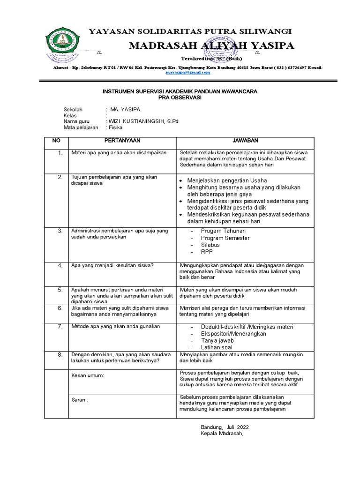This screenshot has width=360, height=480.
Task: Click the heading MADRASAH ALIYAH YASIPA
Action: coord(211,45)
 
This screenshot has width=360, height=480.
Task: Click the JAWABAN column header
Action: coord(245,141)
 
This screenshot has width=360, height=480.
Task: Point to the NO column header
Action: coord(56,141)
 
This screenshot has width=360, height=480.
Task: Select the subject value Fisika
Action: coord(115,127)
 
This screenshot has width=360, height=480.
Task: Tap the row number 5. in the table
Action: coord(60,290)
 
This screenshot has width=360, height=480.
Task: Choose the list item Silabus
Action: coord(210,245)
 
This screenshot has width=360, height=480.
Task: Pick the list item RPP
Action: coord(207,252)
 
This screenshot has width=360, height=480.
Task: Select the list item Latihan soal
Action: coord(217,347)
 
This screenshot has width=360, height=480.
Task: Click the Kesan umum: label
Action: coord(87,375)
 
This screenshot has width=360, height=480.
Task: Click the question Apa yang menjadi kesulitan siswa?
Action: coord(112,265)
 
